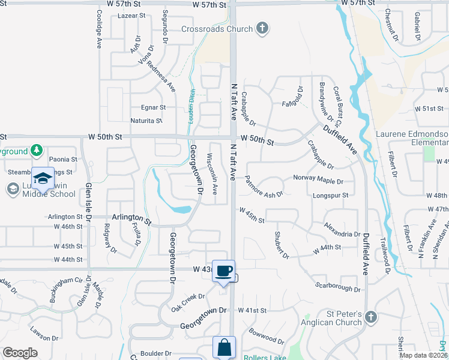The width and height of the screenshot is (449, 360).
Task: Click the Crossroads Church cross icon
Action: point(262,28)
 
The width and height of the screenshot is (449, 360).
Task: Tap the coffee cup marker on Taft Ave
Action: point(223,271)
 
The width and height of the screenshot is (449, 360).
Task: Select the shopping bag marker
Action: point(224,347)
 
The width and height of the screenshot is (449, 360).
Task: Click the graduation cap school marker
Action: point(43,178)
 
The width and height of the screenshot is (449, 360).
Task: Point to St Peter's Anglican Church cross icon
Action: point(370,317)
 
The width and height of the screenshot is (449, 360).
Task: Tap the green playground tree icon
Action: point(37,149)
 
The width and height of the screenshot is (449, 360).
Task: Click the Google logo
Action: point(20,353)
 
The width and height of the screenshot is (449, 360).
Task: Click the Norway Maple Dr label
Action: point(318,180)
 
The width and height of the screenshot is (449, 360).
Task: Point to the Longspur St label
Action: point(330,196)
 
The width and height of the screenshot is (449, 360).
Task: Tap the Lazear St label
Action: point(133,16)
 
